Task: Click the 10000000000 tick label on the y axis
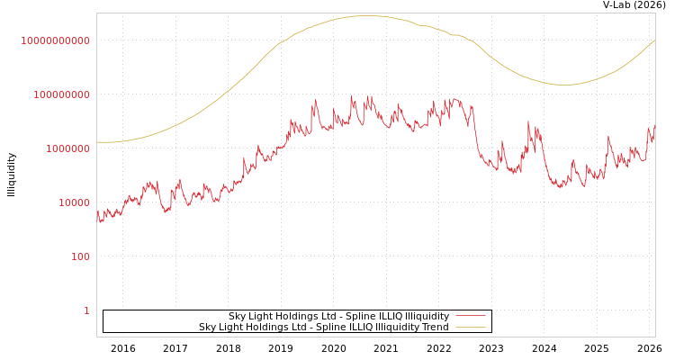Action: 55,40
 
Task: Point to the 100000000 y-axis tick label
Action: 55,94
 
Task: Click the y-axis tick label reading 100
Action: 80,256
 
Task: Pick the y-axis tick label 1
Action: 86,310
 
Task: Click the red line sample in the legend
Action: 470,316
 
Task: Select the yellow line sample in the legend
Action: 470,327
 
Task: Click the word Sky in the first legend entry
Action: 237,316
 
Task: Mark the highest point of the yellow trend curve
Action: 367,16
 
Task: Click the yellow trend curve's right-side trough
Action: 563,85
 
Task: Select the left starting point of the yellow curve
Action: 97,142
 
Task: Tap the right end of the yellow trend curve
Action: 655,40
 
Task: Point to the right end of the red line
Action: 655,127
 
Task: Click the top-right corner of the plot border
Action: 655,13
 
